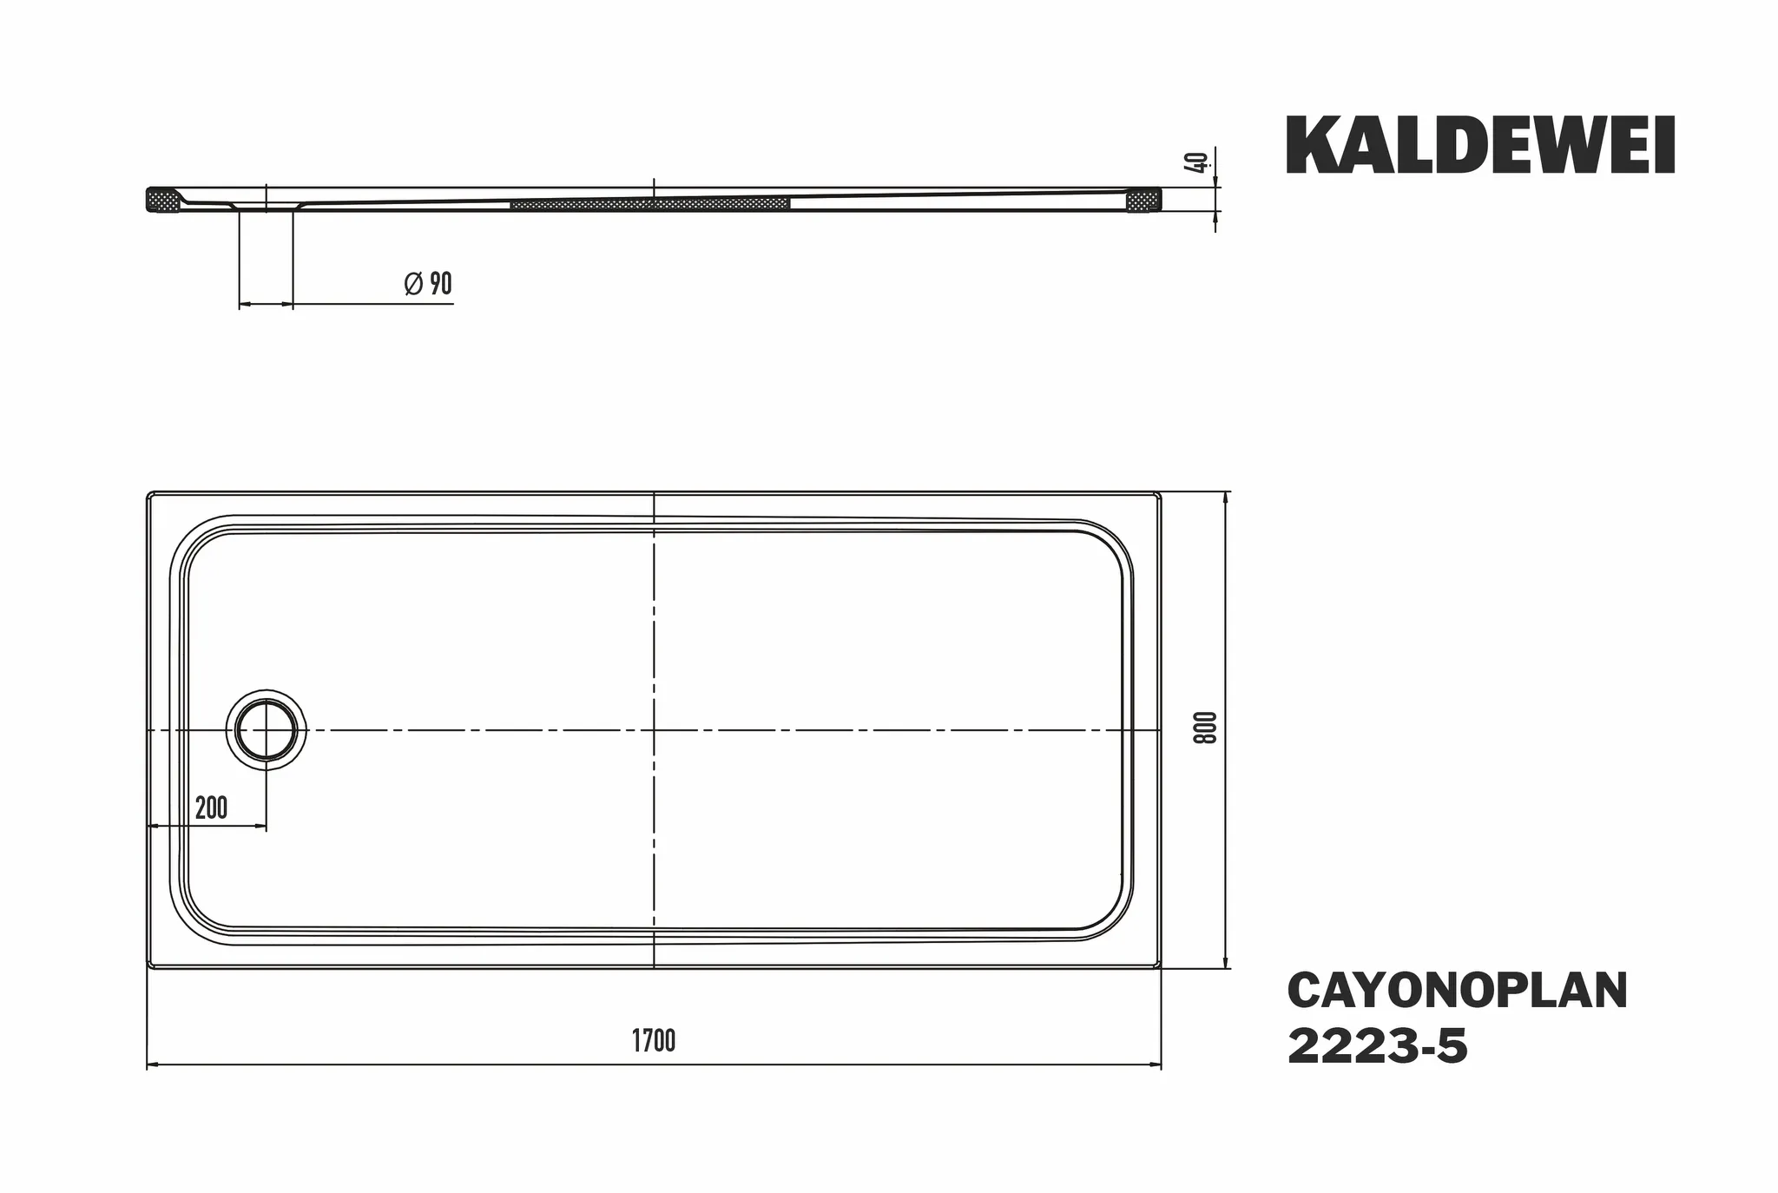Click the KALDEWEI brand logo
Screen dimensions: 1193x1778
click(x=1480, y=147)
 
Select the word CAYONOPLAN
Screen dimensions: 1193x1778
click(x=1457, y=991)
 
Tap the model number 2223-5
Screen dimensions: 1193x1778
click(x=1377, y=1047)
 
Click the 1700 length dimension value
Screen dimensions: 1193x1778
click(x=653, y=1040)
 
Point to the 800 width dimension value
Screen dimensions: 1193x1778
click(x=1205, y=728)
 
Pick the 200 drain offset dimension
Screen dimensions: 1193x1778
click(x=211, y=808)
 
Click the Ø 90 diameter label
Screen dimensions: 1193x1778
click(x=429, y=284)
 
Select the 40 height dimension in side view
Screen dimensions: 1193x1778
click(x=1199, y=162)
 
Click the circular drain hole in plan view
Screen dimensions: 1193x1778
click(x=267, y=730)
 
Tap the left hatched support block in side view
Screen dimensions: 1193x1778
click(x=161, y=200)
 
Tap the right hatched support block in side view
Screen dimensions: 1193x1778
click(x=1143, y=201)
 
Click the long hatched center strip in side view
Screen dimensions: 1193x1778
click(x=649, y=204)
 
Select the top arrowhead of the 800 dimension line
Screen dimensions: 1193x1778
click(x=1226, y=498)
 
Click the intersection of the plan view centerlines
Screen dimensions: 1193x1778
click(x=654, y=730)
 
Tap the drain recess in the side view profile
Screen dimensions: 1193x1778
click(x=266, y=206)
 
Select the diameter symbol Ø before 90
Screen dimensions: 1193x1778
click(x=413, y=284)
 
